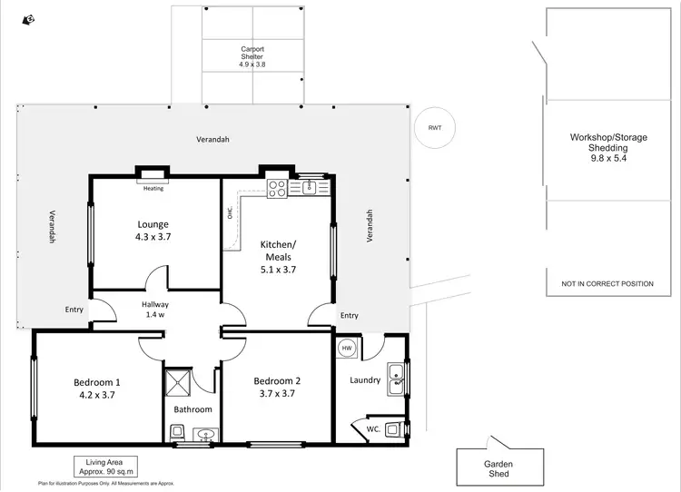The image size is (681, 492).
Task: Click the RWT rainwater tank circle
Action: (434, 128)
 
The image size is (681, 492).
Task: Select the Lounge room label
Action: (153, 230)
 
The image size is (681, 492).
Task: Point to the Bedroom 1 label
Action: (97, 388)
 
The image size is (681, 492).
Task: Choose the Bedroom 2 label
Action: (277, 387)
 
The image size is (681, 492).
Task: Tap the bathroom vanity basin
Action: (205, 437)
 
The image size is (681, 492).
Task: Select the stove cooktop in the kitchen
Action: (277, 189)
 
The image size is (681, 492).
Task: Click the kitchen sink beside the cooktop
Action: (309, 187)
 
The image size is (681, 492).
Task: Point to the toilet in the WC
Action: (392, 429)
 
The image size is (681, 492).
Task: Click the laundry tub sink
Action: (396, 379)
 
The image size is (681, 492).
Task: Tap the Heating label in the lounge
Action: (153, 189)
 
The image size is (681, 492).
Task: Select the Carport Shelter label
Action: (252, 57)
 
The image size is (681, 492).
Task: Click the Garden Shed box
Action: (498, 467)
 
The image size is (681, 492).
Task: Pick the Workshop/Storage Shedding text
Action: (608, 147)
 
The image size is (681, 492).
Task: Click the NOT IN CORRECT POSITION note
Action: (607, 284)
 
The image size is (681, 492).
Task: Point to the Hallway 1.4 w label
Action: (155, 310)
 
